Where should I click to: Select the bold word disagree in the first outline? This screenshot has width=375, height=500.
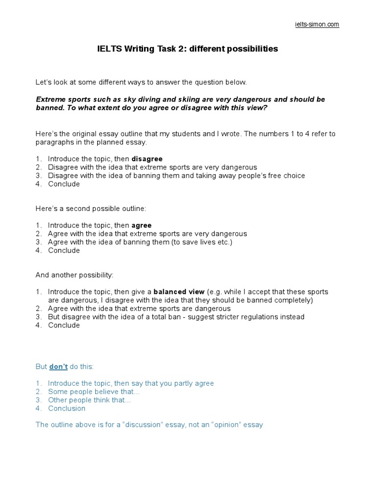147,159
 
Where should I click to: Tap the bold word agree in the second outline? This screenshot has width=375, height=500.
142,225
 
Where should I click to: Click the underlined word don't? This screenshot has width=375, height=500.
58,366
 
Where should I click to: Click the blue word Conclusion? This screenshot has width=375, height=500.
67,408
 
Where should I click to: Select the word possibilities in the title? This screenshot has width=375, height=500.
249,49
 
